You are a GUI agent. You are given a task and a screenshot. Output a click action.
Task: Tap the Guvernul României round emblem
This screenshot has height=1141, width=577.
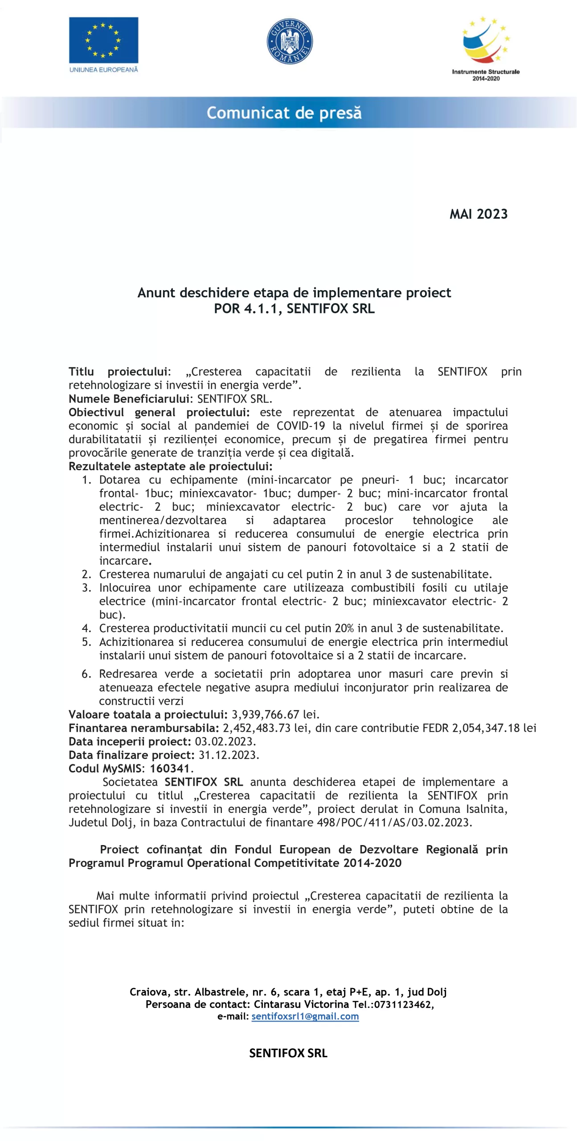tap(290, 41)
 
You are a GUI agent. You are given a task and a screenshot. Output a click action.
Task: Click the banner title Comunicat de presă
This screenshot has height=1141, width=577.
tap(284, 113)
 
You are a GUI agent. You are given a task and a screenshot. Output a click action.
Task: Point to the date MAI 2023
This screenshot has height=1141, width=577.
tap(479, 214)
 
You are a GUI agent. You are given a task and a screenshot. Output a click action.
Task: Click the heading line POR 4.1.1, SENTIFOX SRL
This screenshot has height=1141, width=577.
tap(294, 308)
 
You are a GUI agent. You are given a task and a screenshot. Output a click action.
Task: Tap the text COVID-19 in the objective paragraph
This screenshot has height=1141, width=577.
tap(301, 426)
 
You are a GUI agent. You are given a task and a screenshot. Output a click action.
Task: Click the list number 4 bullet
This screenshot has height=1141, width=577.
tap(86, 628)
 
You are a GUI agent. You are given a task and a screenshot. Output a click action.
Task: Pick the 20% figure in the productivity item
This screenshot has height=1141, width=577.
tap(344, 628)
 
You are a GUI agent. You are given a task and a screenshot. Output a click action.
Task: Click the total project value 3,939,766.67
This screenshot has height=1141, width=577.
tap(265, 714)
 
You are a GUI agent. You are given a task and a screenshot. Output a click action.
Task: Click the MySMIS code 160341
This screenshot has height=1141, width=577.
tap(170, 768)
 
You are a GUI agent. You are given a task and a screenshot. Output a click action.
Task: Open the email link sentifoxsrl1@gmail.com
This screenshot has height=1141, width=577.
tap(305, 1016)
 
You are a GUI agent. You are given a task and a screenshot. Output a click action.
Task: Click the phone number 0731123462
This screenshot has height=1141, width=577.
tap(402, 1004)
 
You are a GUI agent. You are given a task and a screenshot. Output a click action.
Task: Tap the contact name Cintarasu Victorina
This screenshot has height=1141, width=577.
tap(301, 1004)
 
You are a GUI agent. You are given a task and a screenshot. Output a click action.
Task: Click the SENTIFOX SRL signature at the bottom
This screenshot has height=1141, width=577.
tap(288, 1053)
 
